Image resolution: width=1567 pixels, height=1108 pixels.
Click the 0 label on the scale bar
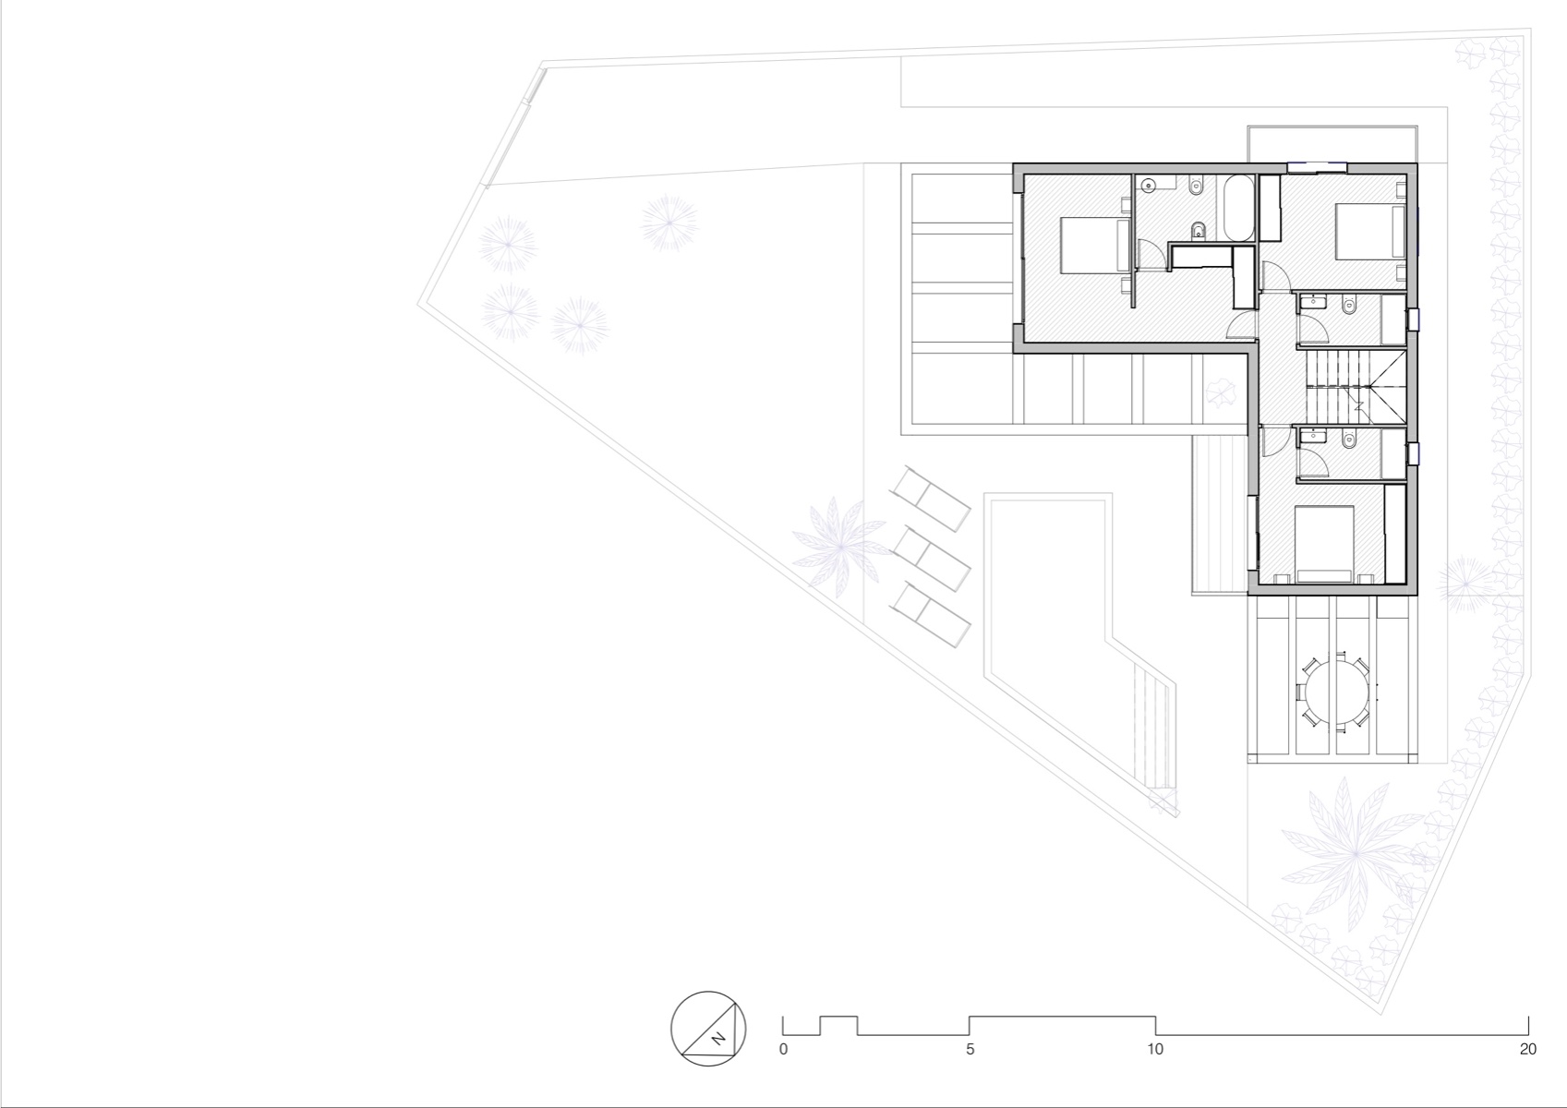[783, 1049]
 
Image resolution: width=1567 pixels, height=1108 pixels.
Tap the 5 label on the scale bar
[970, 1049]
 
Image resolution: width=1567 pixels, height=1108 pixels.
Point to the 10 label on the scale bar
[1155, 1049]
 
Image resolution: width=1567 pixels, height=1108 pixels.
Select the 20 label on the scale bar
[1527, 1049]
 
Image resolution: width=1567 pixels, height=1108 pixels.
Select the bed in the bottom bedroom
[1324, 545]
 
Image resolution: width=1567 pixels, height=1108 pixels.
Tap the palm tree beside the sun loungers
[838, 545]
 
